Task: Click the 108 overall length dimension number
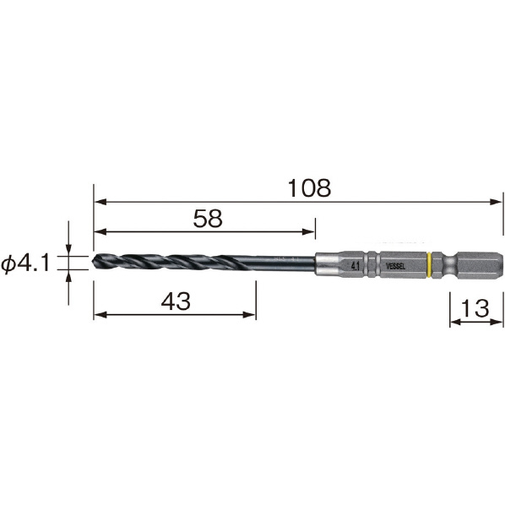(309, 188)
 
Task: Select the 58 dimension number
(208, 219)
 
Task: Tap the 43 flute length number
(176, 301)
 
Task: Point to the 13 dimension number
(475, 307)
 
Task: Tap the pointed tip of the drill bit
(92, 262)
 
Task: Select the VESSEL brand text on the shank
(395, 266)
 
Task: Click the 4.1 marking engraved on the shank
(356, 266)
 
